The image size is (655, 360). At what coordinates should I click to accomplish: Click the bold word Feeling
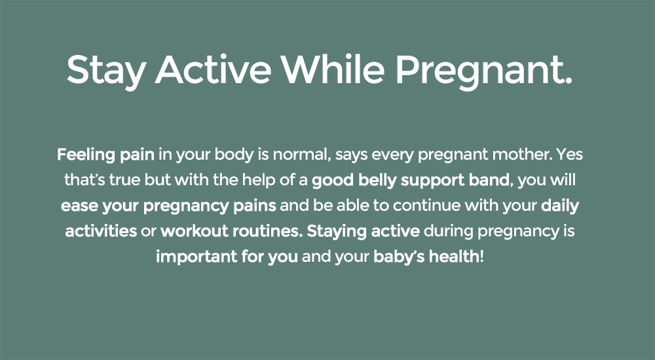coord(86,155)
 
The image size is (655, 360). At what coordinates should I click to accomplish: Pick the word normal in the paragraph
coord(299,154)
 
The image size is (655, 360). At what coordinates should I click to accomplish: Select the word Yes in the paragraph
coord(569,154)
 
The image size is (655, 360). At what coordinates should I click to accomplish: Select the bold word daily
coord(560,206)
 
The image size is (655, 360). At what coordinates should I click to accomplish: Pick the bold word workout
coord(195,231)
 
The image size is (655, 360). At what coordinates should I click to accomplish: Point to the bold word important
coord(196,257)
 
